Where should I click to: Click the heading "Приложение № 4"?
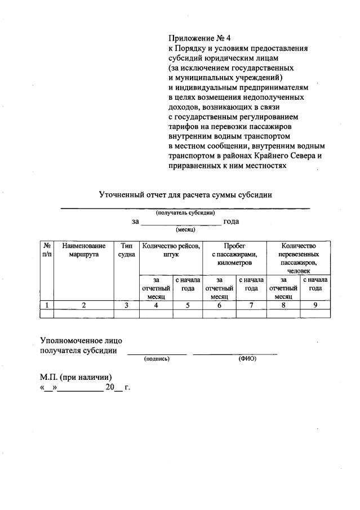(200, 38)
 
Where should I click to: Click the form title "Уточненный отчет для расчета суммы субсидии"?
(186, 195)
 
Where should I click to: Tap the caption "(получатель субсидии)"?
(185, 212)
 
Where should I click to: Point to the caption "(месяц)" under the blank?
(185, 230)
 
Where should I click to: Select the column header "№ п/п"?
(47, 250)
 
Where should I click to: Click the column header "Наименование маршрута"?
(84, 250)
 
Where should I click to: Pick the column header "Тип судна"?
(127, 250)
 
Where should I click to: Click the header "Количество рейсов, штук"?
(171, 250)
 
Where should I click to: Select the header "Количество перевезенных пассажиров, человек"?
(298, 258)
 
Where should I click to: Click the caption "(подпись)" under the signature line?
(157, 358)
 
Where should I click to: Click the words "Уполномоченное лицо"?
(81, 341)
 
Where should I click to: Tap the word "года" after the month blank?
(231, 221)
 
